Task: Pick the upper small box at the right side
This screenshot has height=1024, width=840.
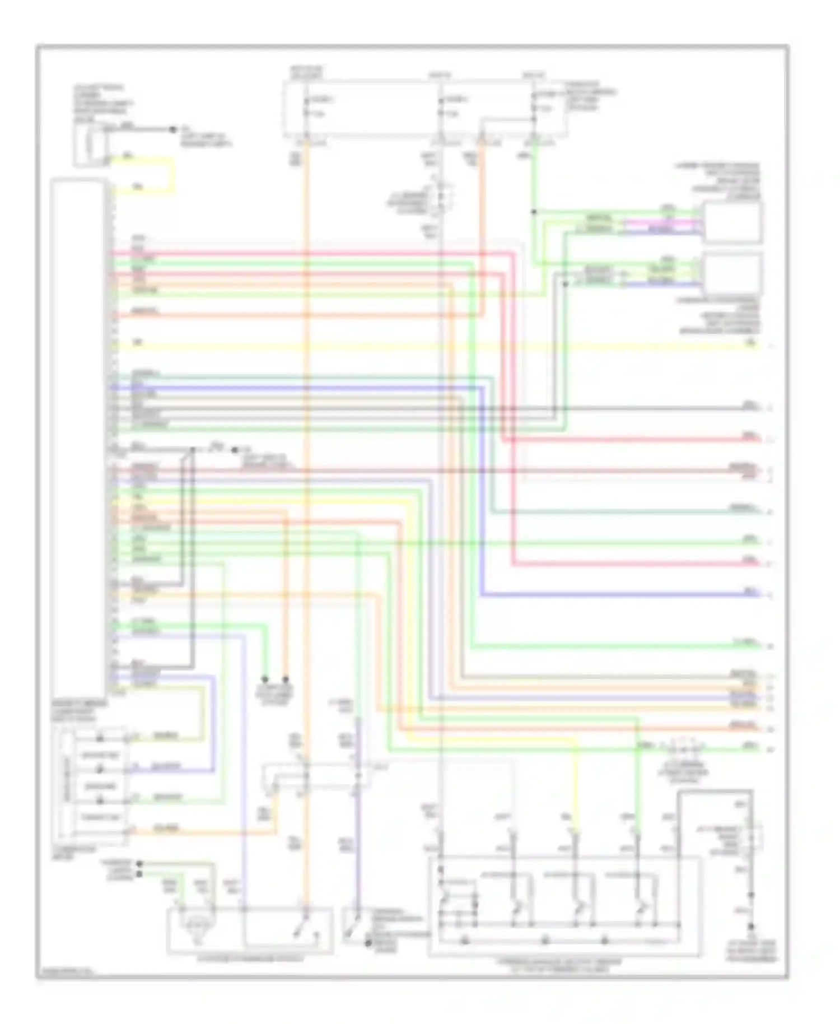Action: pyautogui.click(x=732, y=222)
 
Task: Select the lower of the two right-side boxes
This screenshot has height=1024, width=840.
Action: pyautogui.click(x=732, y=273)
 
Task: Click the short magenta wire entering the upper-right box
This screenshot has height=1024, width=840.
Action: pyautogui.click(x=661, y=222)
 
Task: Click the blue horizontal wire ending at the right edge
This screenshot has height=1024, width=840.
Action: pyautogui.click(x=616, y=594)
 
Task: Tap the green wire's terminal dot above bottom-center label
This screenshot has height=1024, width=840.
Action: pyautogui.click(x=265, y=679)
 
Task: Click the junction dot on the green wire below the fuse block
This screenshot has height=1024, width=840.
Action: pyautogui.click(x=534, y=212)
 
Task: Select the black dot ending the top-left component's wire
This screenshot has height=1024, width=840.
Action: pyautogui.click(x=173, y=129)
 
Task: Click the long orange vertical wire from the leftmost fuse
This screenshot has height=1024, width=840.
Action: pyautogui.click(x=306, y=504)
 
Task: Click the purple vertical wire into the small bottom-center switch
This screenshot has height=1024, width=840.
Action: pyautogui.click(x=357, y=840)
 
